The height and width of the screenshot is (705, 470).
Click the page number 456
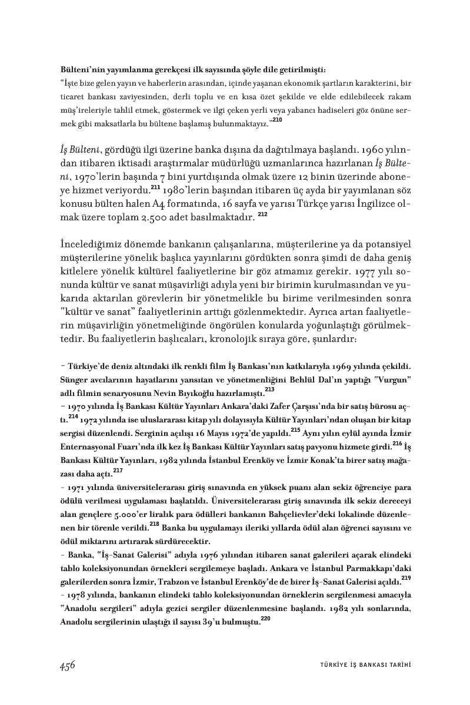point(67,666)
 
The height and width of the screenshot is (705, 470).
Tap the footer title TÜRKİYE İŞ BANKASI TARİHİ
point(361,666)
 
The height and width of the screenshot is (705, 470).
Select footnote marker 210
point(277,120)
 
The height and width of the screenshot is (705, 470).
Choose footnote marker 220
point(266,618)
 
